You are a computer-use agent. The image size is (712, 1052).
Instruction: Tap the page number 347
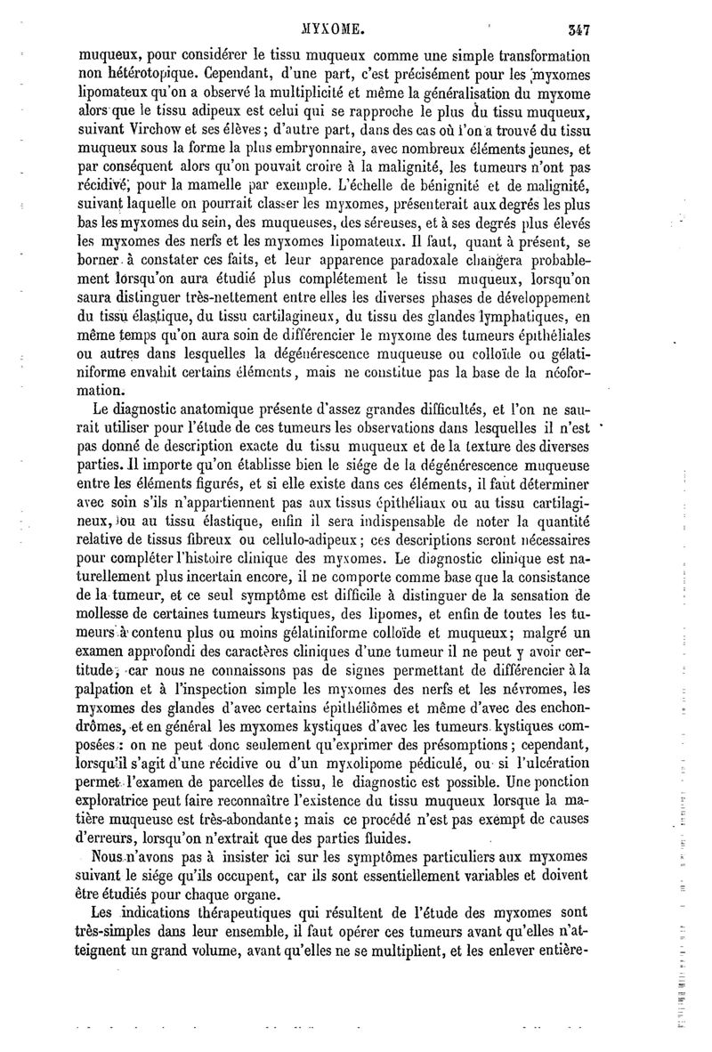click(579, 28)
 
